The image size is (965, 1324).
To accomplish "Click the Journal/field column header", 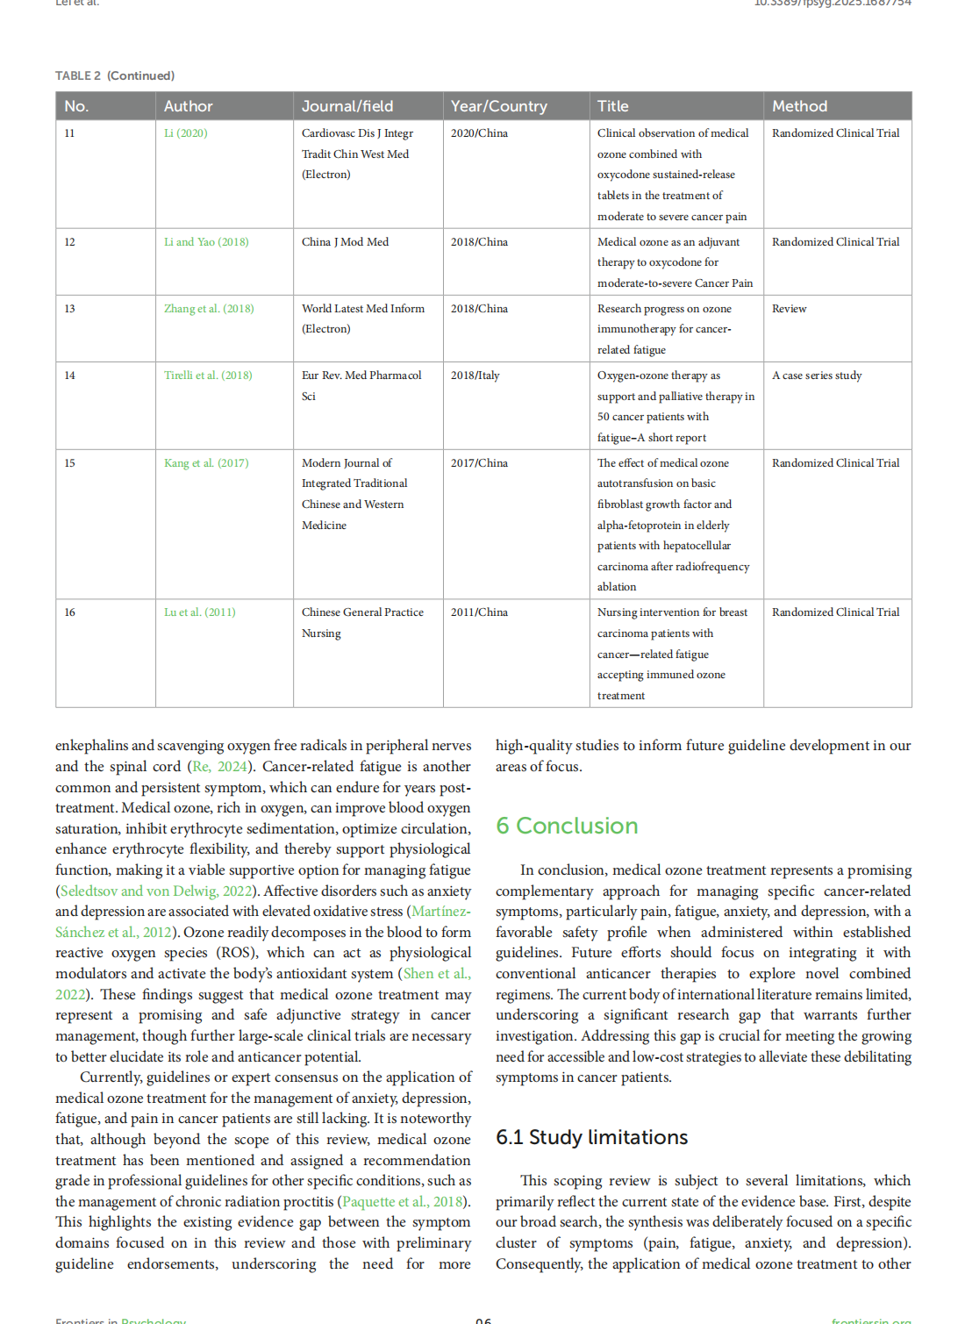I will click(x=347, y=106).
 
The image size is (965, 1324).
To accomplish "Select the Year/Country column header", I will click(x=498, y=106).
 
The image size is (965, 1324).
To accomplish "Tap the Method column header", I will click(x=799, y=106).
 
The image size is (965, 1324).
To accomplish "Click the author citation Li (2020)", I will click(x=186, y=133).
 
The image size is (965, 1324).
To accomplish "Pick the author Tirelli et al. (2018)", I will click(x=208, y=376).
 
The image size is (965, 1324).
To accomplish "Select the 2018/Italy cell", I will click(x=475, y=376).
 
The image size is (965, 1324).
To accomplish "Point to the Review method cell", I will click(x=789, y=309).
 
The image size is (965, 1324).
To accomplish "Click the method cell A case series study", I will click(x=816, y=376).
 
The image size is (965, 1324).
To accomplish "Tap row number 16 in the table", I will click(x=69, y=612).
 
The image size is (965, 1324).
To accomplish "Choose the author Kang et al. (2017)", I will click(x=206, y=463).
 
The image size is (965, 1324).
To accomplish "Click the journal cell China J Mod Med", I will click(x=345, y=242).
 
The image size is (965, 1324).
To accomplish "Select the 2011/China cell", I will click(x=479, y=612).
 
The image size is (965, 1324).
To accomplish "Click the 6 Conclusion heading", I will click(x=567, y=826).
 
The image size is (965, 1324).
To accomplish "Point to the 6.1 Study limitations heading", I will click(x=591, y=1137).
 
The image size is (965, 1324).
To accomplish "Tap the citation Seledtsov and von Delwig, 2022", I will click(x=156, y=891).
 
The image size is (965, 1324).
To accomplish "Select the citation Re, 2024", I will click(x=219, y=767).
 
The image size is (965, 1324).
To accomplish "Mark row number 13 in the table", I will click(x=69, y=309).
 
